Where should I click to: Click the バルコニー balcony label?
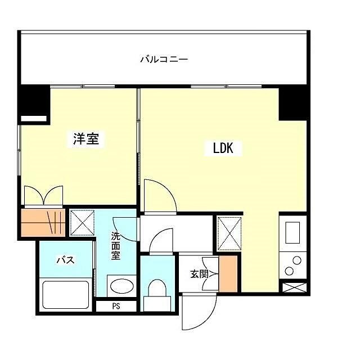coord(163,58)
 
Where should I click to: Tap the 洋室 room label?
coord(86,139)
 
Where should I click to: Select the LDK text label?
coord(227,148)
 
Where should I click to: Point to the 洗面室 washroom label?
coord(115,246)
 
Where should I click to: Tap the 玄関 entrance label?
coord(199,274)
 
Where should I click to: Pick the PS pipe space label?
coord(116,307)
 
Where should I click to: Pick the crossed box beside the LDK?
coord(228,232)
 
